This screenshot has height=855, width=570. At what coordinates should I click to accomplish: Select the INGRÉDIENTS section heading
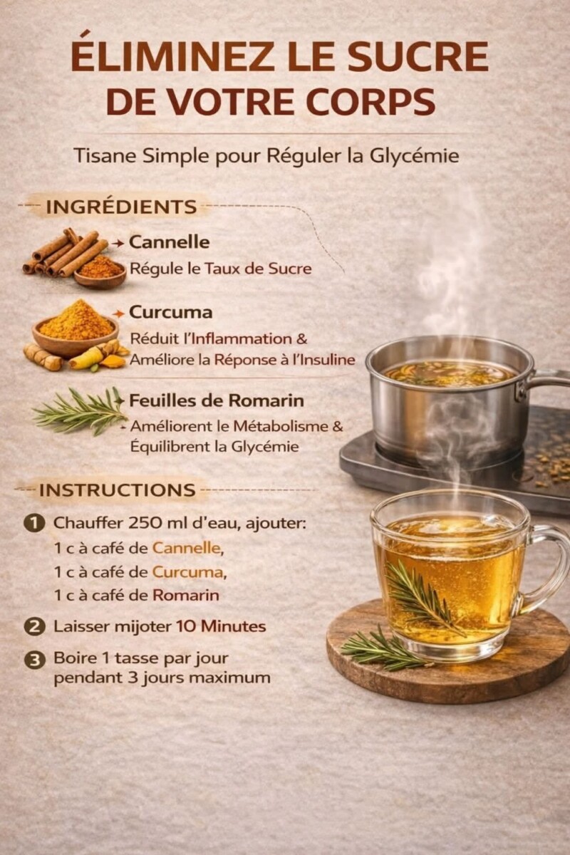[120, 207]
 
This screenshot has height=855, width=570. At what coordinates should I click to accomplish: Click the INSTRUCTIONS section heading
[117, 490]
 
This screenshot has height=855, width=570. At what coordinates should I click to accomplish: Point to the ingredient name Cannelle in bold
[169, 242]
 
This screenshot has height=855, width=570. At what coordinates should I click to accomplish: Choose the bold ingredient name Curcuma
[170, 312]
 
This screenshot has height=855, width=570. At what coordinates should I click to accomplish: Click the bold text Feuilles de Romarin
[216, 400]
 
